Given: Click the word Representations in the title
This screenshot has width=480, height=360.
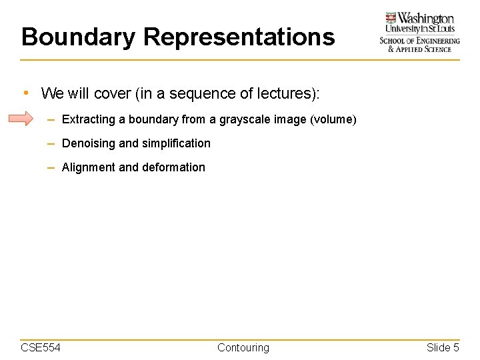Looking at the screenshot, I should point(239,37).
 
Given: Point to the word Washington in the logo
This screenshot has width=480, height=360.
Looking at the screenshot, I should point(427,19).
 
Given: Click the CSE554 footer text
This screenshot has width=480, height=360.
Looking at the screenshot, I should point(41,347).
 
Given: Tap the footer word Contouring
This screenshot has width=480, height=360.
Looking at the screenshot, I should point(243,347).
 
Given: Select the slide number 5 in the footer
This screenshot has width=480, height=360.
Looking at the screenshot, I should point(456,347).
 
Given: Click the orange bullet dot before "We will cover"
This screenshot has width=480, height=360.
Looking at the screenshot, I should point(25,93).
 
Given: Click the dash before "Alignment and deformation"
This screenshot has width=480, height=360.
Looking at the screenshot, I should point(51,167).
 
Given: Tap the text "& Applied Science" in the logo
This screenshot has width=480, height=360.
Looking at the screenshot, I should point(420,49).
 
